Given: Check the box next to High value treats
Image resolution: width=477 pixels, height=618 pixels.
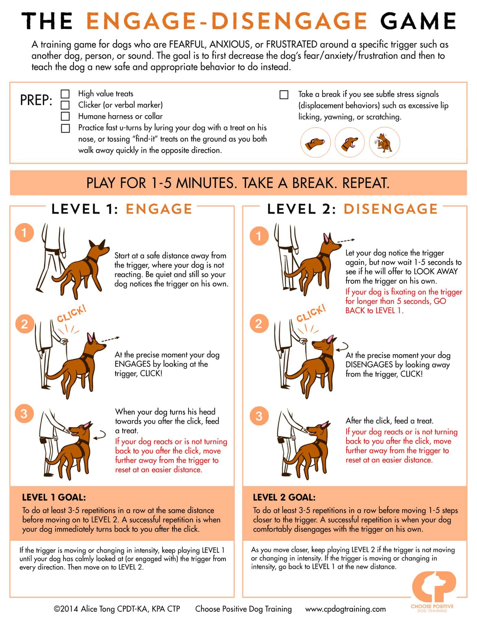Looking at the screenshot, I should point(65,94).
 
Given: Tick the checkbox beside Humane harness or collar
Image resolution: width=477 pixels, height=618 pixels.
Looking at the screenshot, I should point(65,116).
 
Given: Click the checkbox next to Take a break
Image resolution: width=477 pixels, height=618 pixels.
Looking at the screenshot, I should point(284,95).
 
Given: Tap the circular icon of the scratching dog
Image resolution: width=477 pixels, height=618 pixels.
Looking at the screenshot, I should point(385,143).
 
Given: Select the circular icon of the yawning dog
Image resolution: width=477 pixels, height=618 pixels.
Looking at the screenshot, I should point(350,143).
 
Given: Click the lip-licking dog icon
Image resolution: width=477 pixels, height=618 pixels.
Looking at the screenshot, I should point(315,143).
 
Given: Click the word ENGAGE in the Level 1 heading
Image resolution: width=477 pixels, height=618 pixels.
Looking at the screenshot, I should point(159,209).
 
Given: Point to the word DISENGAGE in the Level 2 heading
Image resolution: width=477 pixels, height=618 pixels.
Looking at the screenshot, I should point(391,209).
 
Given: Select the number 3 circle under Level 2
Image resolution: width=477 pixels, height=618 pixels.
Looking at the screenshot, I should point(259,416).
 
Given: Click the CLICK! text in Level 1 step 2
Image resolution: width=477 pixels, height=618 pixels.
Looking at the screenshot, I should point(72,314).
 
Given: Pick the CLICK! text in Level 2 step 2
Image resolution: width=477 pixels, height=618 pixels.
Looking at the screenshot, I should point(311,313).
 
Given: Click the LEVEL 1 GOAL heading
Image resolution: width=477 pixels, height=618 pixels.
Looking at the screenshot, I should point(54,497).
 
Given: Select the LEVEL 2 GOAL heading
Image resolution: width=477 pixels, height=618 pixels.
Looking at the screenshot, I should point(284,497).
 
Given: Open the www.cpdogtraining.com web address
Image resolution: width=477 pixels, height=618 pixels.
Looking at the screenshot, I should point(345,609).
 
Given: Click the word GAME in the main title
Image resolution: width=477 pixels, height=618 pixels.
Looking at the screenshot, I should point(418,21).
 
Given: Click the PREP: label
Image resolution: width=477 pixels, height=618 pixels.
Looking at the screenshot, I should point(36,100).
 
